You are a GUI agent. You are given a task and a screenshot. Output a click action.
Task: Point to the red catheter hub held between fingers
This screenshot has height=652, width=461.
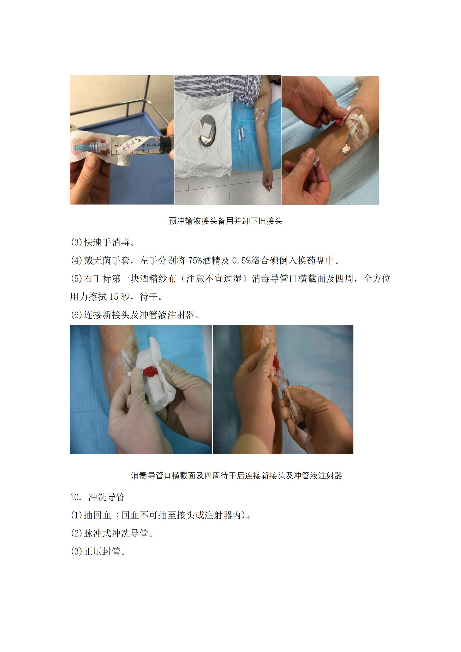pos(339,120)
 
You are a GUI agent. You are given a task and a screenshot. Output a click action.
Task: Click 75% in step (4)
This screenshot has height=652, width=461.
pos(195,260)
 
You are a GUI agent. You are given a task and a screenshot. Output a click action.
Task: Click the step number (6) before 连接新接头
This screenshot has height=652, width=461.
pos(76,315)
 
